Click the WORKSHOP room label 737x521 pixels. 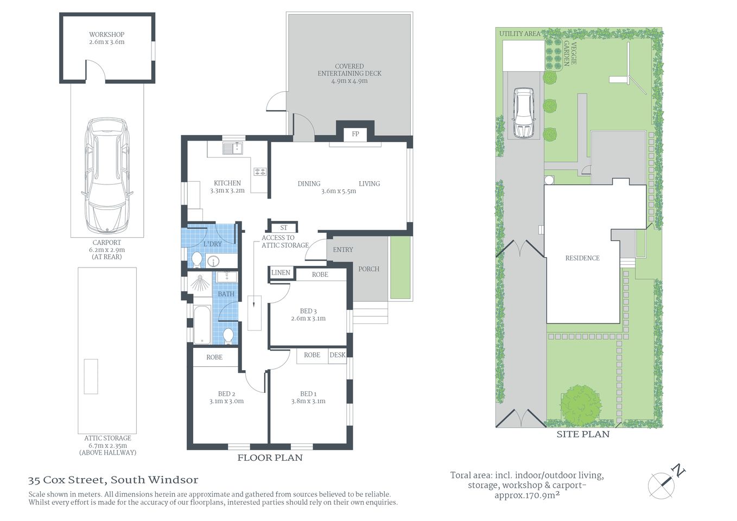[107, 35]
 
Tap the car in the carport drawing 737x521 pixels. [107, 175]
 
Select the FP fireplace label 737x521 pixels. [355, 134]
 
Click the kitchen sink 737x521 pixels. [232, 148]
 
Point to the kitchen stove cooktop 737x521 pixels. [260, 171]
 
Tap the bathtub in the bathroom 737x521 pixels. [201, 325]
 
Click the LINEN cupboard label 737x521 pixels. [281, 272]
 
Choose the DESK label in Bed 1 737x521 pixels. [338, 355]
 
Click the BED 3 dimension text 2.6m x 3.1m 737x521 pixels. [308, 319]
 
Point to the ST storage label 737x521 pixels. [283, 227]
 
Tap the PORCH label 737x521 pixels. [369, 269]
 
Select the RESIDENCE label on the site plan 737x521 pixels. [582, 258]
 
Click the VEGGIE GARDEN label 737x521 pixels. [570, 53]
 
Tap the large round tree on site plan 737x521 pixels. [581, 405]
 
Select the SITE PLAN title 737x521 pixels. [583, 434]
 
